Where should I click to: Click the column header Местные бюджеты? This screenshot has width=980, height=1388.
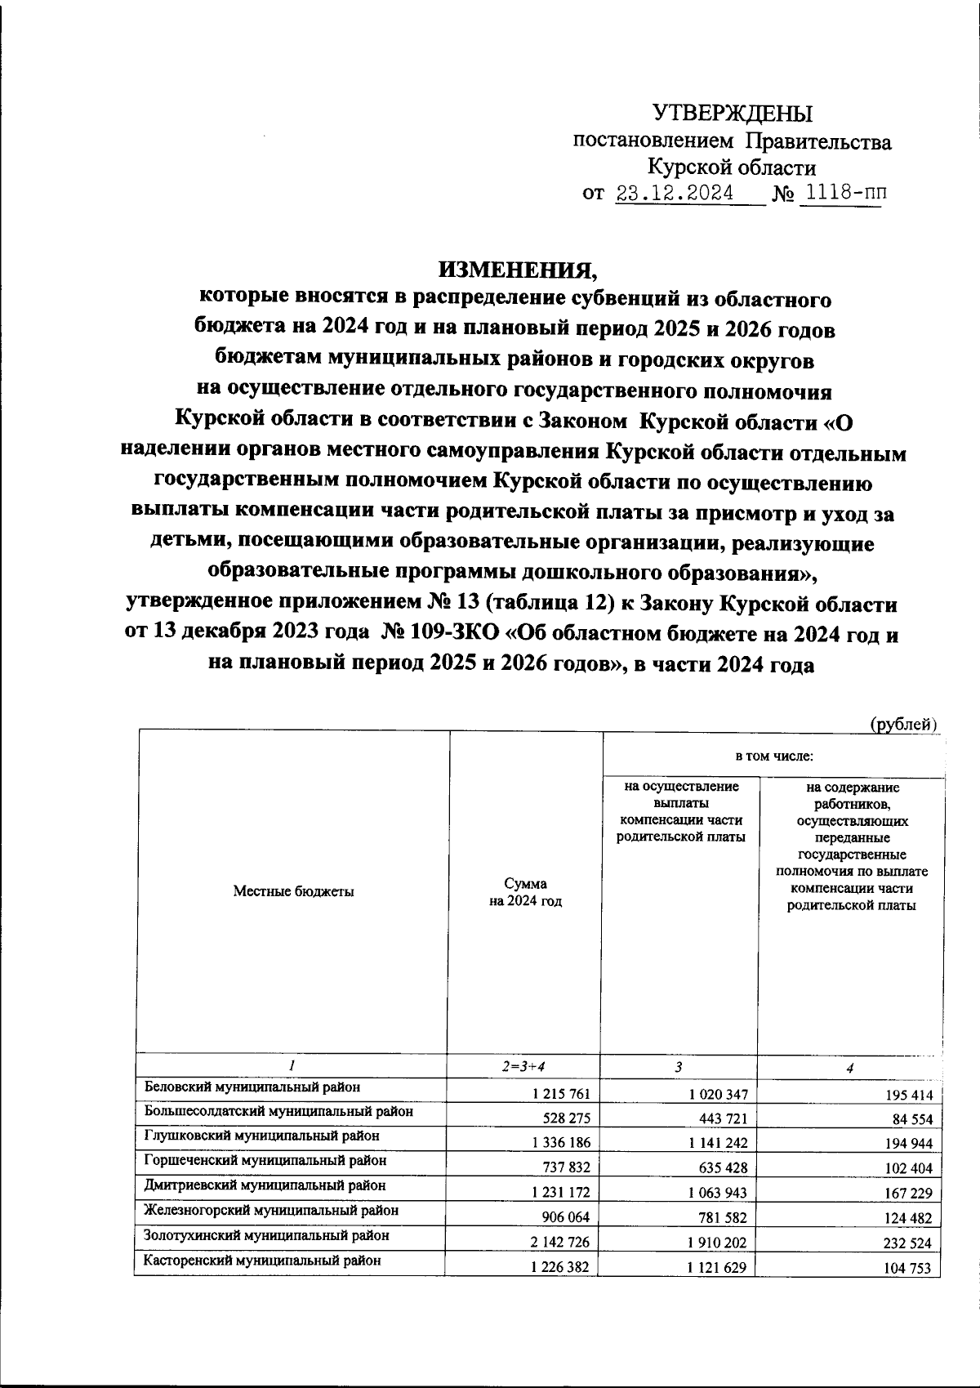pyautogui.click(x=293, y=891)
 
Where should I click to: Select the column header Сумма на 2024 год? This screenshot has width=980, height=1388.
pyautogui.click(x=525, y=892)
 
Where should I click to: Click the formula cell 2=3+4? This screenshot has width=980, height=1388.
pyautogui.click(x=525, y=1067)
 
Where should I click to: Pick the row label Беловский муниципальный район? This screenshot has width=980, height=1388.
pyautogui.click(x=252, y=1087)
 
